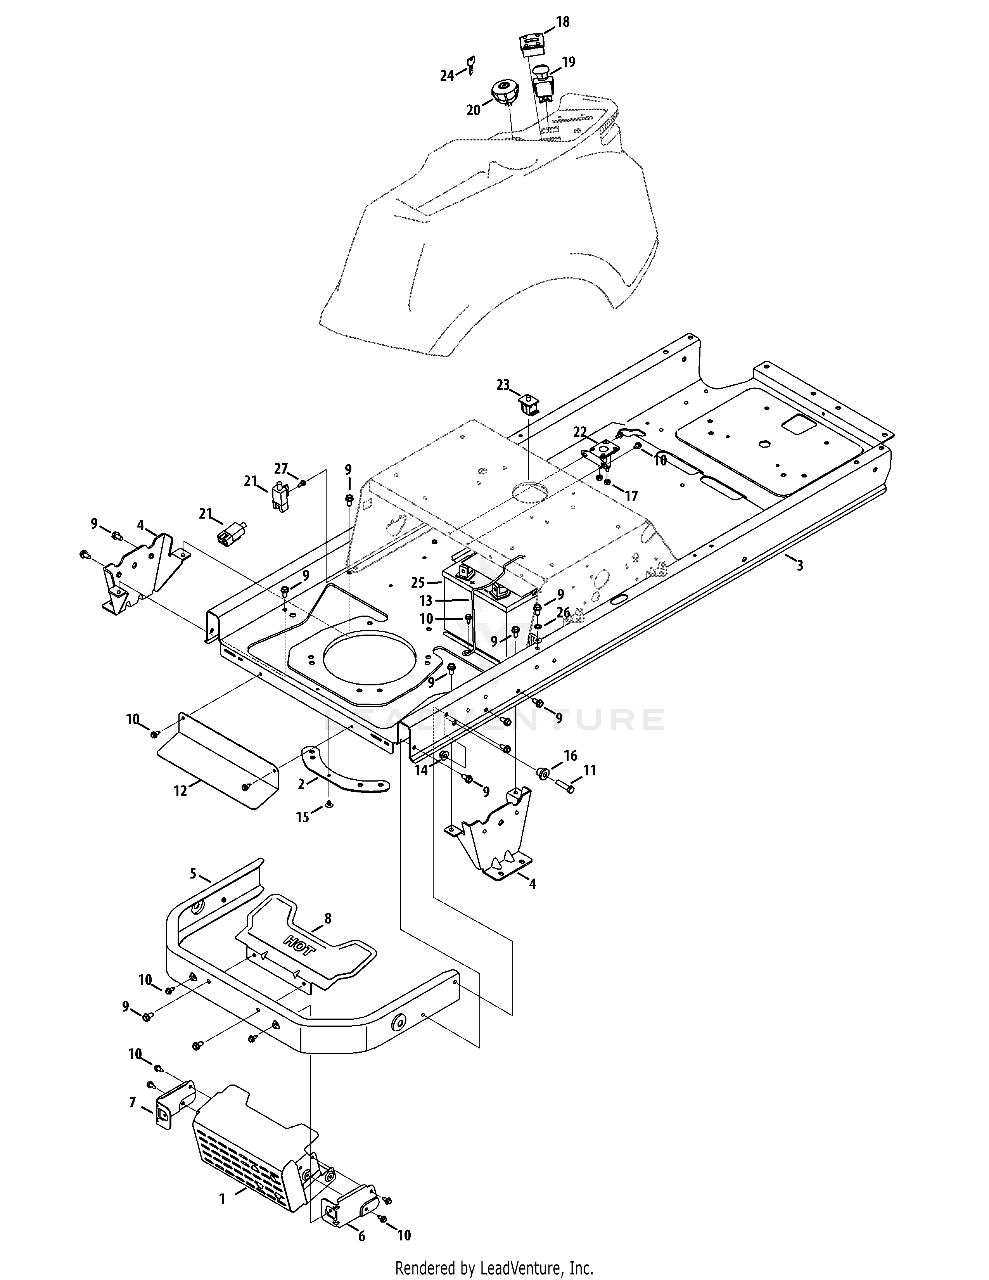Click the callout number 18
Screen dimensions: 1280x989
562,22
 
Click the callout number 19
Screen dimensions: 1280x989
568,62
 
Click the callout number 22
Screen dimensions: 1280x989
579,432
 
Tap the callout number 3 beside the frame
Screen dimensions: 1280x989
800,566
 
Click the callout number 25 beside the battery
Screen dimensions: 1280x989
417,583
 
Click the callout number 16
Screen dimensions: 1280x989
570,756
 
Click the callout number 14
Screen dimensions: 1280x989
421,771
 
